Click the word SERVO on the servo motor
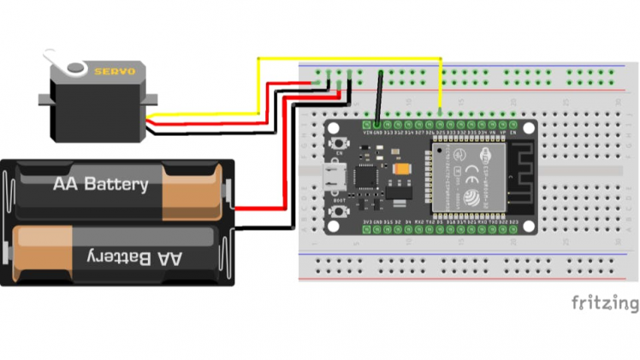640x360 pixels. (114, 72)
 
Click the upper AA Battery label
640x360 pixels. (100, 184)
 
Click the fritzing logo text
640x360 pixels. (604, 303)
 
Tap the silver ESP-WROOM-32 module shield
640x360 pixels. (466, 180)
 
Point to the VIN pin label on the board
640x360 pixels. (367, 133)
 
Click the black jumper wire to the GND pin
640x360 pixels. (379, 98)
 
